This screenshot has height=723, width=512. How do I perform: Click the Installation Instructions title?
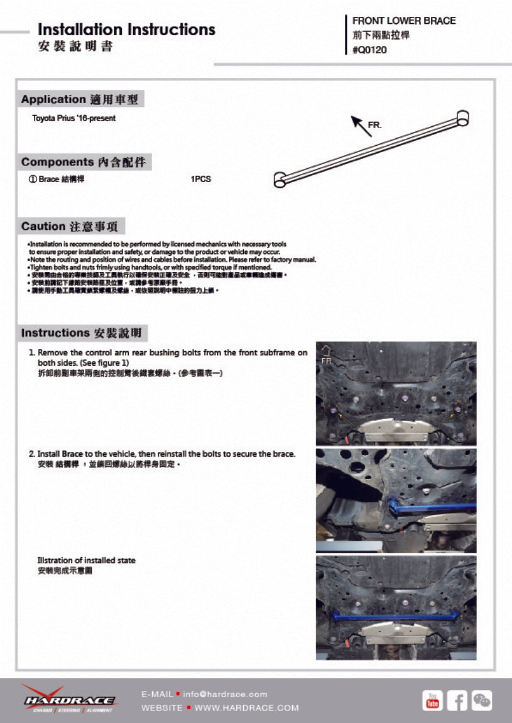point(126,30)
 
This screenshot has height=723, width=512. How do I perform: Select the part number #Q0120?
point(369,50)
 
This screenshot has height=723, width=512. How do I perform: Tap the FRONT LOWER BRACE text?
point(404,21)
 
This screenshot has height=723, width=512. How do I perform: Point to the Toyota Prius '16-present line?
point(74,118)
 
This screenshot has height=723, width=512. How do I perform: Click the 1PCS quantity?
point(200,179)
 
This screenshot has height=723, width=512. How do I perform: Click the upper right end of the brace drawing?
point(462,117)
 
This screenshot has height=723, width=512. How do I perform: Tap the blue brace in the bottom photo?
point(396,616)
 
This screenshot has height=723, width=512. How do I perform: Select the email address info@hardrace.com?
point(225,694)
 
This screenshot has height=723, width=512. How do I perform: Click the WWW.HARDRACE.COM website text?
point(247,708)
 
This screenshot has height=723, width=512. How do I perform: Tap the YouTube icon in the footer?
point(432,700)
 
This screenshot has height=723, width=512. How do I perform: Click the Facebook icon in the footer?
point(457,700)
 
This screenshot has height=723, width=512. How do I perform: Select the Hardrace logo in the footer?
point(69,699)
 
